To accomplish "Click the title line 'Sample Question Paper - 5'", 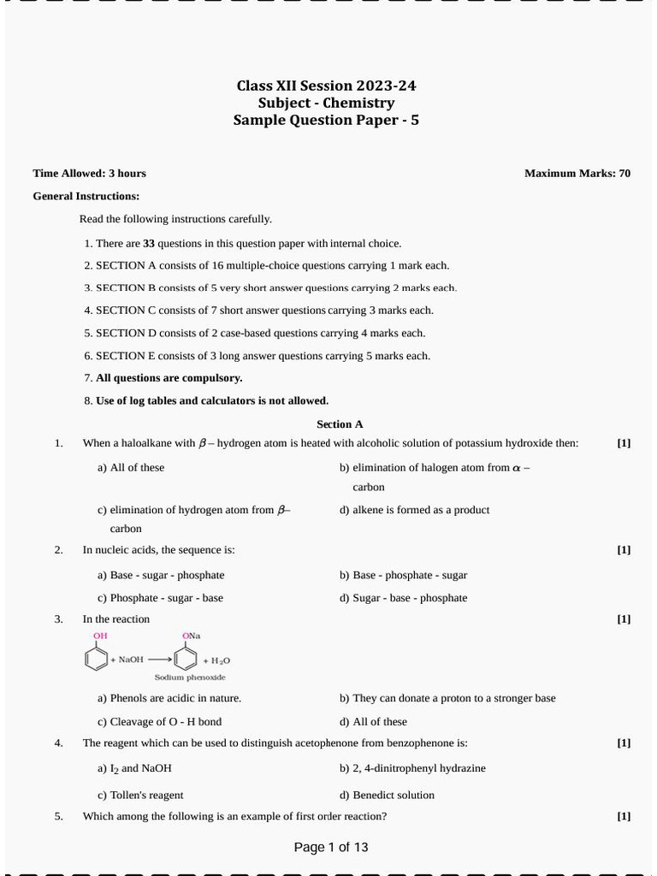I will pyautogui.click(x=326, y=121).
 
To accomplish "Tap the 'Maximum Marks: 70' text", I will pyautogui.click(x=577, y=174).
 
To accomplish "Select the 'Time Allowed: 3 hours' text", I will pyautogui.click(x=89, y=174).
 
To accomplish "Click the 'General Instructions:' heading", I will pyautogui.click(x=86, y=196).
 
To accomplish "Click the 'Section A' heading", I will pyautogui.click(x=340, y=424).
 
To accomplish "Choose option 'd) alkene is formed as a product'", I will pyautogui.click(x=414, y=510).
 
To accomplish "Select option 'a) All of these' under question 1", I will pyautogui.click(x=131, y=468).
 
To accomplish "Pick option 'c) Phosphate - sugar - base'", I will pyautogui.click(x=160, y=598).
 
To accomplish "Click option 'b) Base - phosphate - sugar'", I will pyautogui.click(x=403, y=576).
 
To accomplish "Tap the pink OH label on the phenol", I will pyautogui.click(x=100, y=636).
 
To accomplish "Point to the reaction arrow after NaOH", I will pyautogui.click(x=159, y=660).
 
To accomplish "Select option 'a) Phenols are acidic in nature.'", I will pyautogui.click(x=169, y=698).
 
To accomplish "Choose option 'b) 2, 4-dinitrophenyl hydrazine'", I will pyautogui.click(x=412, y=768).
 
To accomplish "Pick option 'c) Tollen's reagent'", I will pyautogui.click(x=140, y=795).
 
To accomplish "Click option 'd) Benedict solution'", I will pyautogui.click(x=387, y=795).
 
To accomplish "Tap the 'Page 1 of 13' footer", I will pyautogui.click(x=331, y=848).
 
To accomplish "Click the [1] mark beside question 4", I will pyautogui.click(x=624, y=743).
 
